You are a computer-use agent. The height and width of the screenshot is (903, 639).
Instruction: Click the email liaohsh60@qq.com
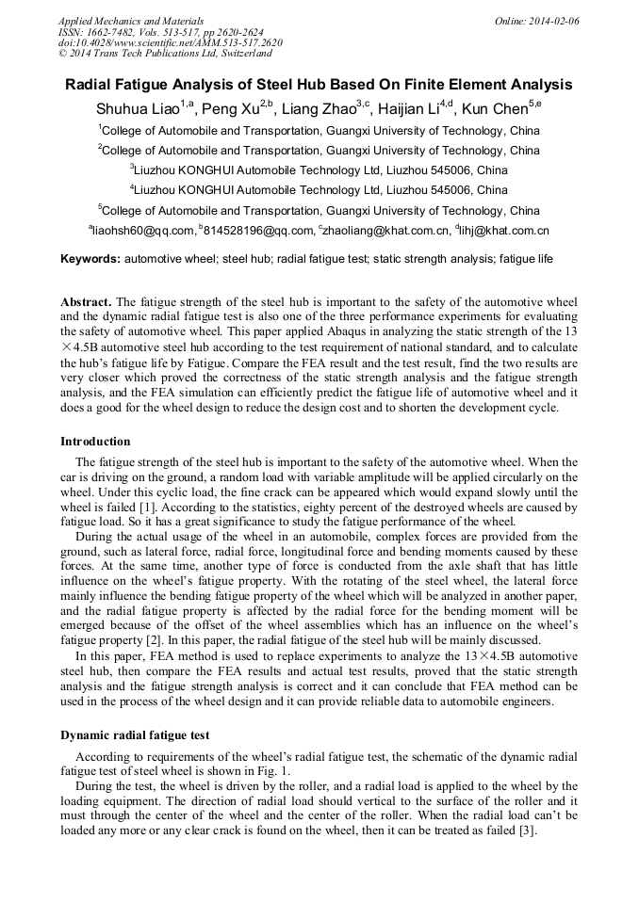click(x=142, y=231)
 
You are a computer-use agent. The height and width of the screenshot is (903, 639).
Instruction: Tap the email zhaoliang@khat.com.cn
click(x=386, y=231)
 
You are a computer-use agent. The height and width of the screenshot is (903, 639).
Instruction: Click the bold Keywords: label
click(x=90, y=258)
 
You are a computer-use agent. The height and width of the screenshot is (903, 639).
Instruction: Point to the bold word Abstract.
click(x=86, y=302)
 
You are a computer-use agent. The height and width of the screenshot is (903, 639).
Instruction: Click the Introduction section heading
click(x=95, y=442)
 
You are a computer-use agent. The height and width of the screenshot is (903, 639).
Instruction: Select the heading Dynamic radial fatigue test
click(x=135, y=734)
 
